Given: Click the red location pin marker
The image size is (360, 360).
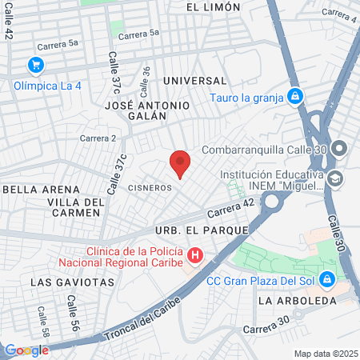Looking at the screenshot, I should pyautogui.click(x=180, y=163).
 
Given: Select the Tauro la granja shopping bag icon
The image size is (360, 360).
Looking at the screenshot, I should pyautogui.click(x=295, y=98).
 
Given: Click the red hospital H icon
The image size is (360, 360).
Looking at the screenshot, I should pyautogui.click(x=195, y=256).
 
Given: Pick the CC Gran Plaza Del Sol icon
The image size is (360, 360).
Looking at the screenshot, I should pyautogui.click(x=326, y=279).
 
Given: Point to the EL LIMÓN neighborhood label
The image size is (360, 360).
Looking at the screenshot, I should pyautogui.click(x=213, y=7).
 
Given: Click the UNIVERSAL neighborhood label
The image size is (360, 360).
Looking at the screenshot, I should pyautogui.click(x=194, y=81).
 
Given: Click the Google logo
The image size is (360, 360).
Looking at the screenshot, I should pyautogui.click(x=26, y=350).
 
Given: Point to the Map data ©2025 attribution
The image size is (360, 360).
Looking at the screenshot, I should pyautogui.click(x=325, y=354).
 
